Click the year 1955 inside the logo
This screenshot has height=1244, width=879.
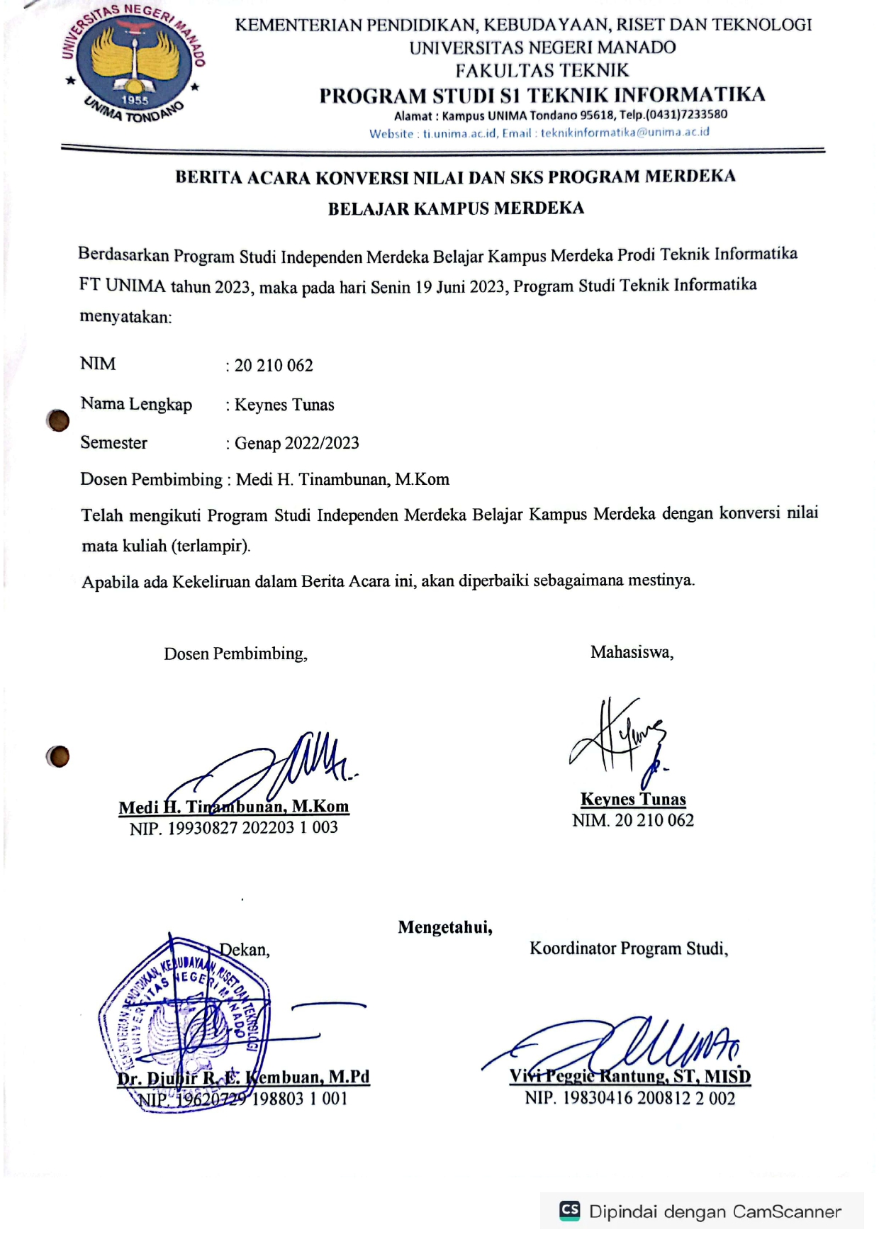click(x=135, y=100)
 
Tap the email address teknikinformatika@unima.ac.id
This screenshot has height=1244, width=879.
click(x=625, y=133)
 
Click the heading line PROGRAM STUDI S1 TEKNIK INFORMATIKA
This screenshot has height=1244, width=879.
click(x=542, y=95)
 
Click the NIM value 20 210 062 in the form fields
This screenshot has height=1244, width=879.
click(x=274, y=366)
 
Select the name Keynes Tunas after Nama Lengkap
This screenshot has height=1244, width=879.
click(x=284, y=405)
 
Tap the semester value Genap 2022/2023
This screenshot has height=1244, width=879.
click(x=296, y=443)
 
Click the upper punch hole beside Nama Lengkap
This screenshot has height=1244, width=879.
click(x=58, y=420)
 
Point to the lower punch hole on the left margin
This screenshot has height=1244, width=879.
click(x=58, y=756)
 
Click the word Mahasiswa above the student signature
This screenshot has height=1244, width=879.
click(x=632, y=652)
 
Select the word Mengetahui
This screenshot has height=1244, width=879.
click(x=445, y=927)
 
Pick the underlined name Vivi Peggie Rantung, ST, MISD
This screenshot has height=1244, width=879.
click(x=629, y=1076)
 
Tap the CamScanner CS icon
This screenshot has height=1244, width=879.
click(x=569, y=1211)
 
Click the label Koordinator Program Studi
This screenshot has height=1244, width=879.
click(x=629, y=948)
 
